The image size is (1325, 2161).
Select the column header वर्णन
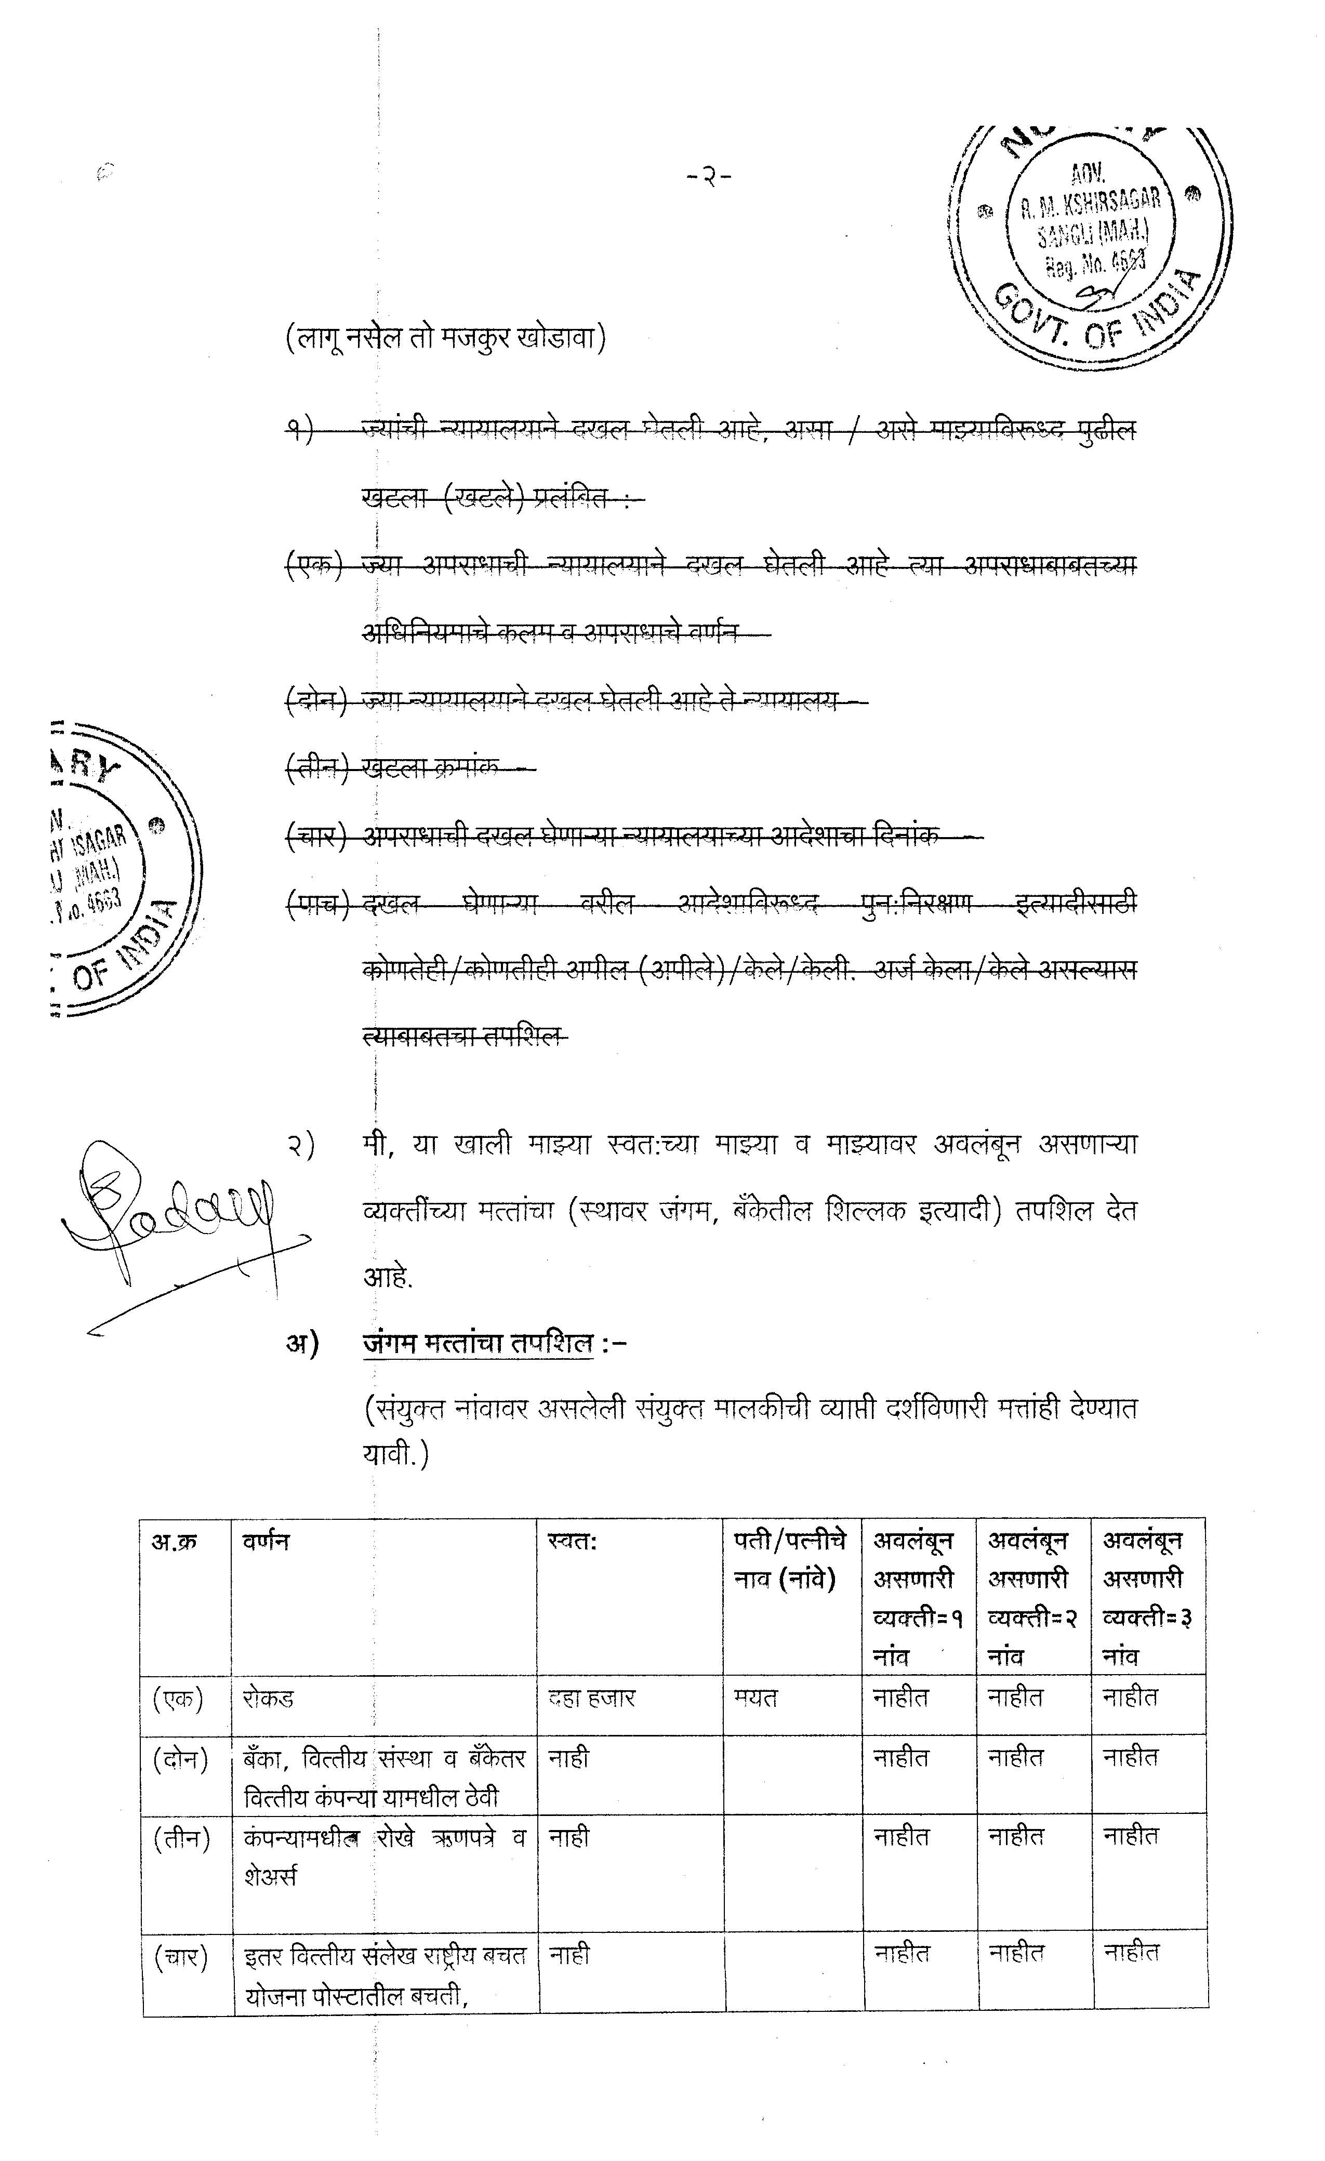(266, 1541)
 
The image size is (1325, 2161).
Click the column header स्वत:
(571, 1541)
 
